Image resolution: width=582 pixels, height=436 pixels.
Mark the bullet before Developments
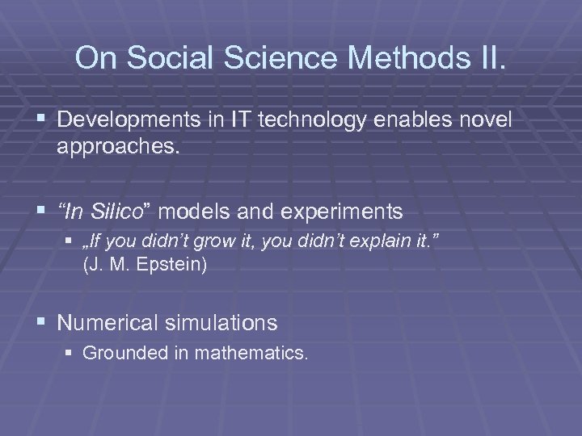[x=42, y=120]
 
